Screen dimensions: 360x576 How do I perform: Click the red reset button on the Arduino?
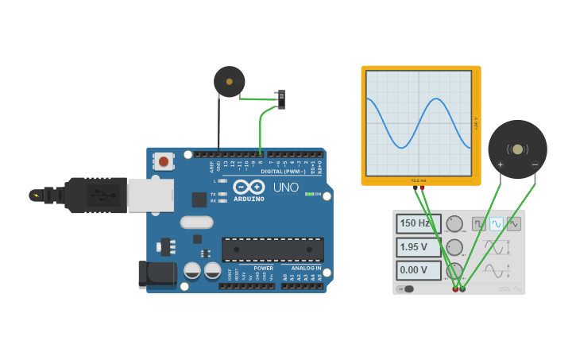pyautogui.click(x=163, y=161)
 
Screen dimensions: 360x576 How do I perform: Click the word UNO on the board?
pyautogui.click(x=285, y=188)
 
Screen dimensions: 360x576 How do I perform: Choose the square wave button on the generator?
pyautogui.click(x=479, y=224)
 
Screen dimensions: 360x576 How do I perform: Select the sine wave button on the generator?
pyautogui.click(x=497, y=224)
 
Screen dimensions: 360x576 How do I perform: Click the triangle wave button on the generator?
pyautogui.click(x=514, y=224)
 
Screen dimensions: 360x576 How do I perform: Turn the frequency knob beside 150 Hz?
pyautogui.click(x=454, y=223)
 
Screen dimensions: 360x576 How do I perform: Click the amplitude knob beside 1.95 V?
pyautogui.click(x=454, y=247)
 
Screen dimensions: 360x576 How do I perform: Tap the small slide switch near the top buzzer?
pyautogui.click(x=281, y=99)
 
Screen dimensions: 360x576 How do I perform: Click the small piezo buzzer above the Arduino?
pyautogui.click(x=230, y=81)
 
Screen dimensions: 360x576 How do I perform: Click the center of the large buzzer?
pyautogui.click(x=517, y=149)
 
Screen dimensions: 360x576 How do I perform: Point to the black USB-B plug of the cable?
pyautogui.click(x=95, y=195)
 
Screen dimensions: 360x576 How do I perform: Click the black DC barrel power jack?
pyautogui.click(x=157, y=274)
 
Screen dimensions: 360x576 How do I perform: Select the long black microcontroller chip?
pyautogui.click(x=273, y=249)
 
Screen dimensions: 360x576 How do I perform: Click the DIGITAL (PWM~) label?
pyautogui.click(x=283, y=171)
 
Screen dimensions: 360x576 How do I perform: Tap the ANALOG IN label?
pyautogui.click(x=305, y=269)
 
